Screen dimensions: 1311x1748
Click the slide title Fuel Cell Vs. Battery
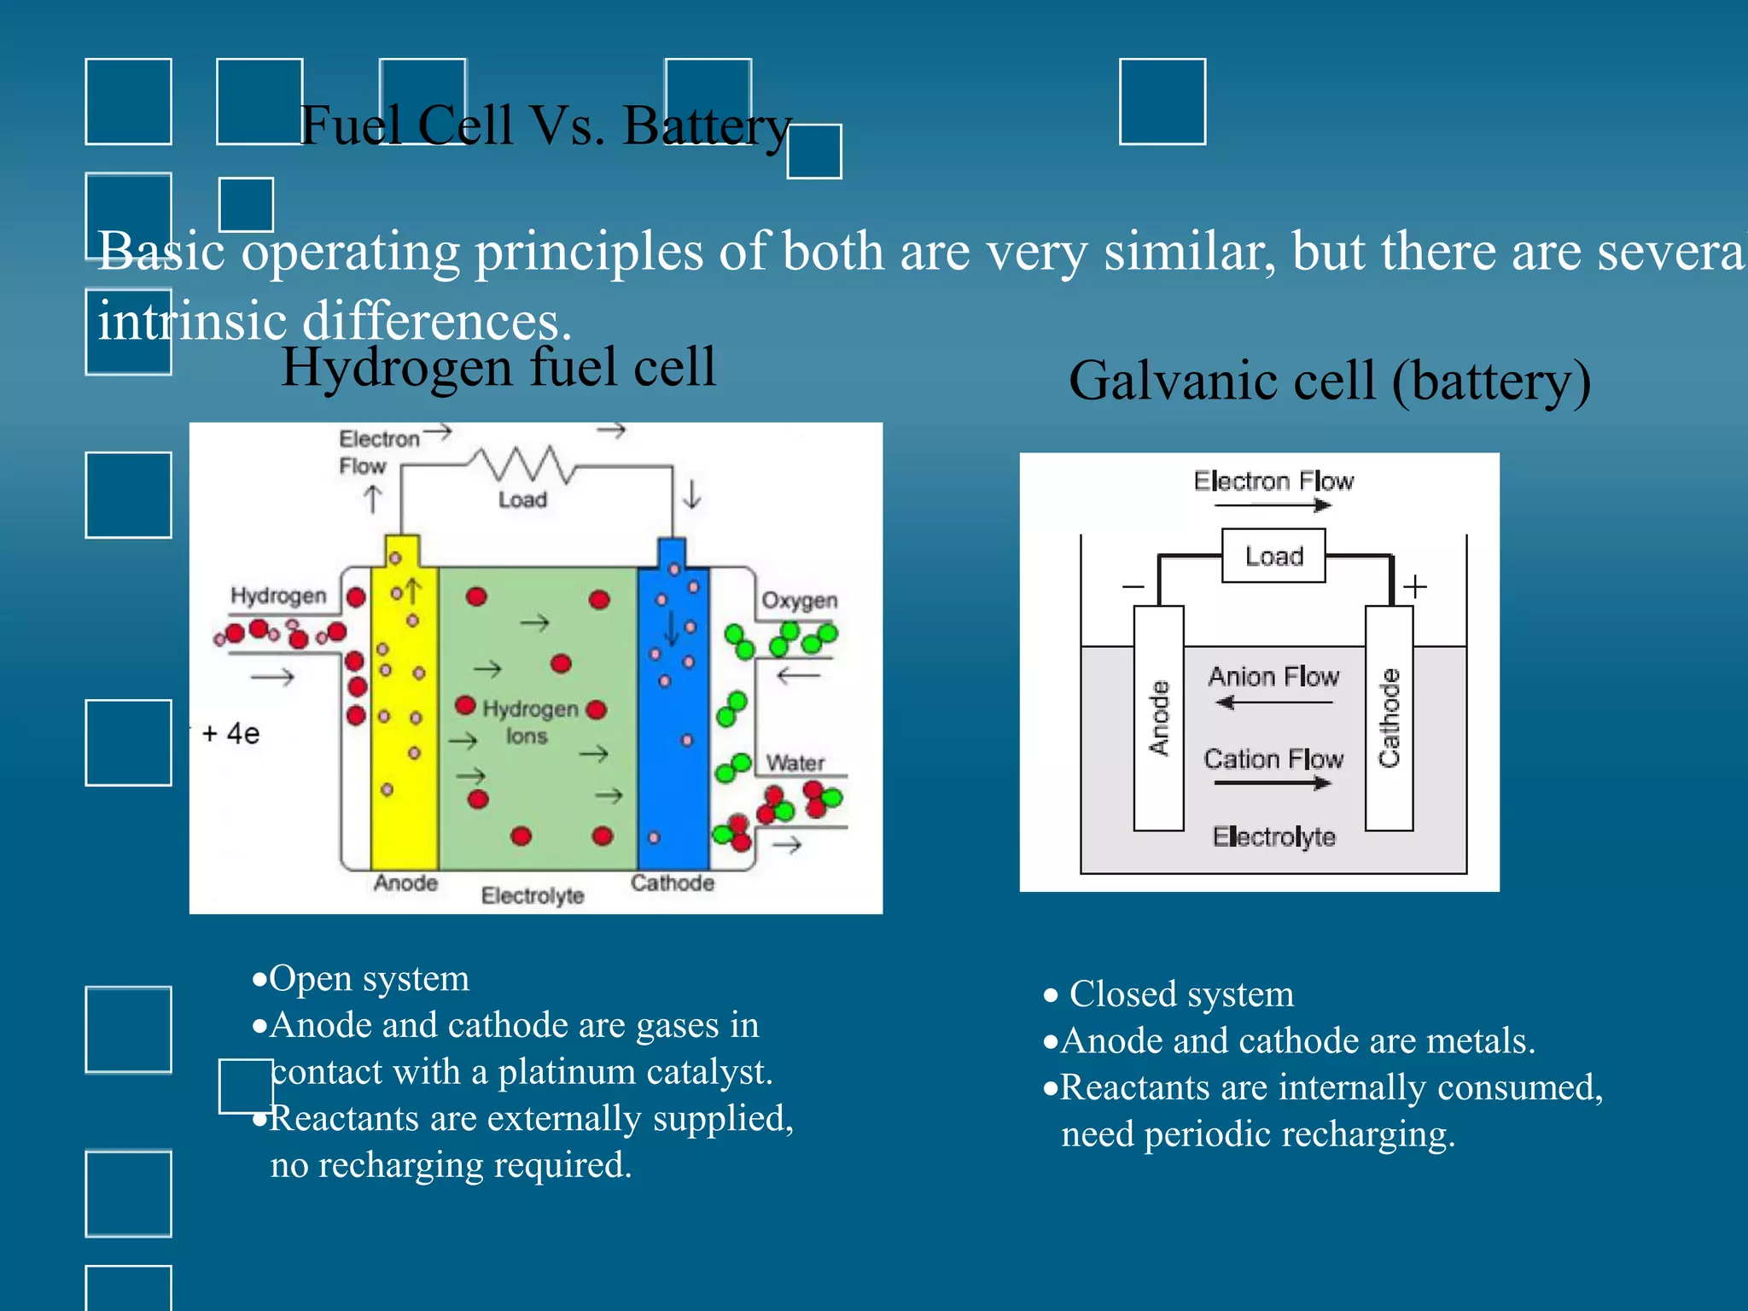click(x=546, y=126)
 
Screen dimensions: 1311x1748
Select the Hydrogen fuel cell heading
click(x=498, y=367)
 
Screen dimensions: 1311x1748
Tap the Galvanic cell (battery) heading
click(x=1329, y=381)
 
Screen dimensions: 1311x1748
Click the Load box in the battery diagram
click(x=1273, y=556)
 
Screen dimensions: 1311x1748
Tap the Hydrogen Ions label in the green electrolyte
click(x=529, y=722)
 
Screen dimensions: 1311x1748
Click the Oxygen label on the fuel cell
click(x=799, y=600)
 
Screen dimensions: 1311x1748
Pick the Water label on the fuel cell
click(x=795, y=762)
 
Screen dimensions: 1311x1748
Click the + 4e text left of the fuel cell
click(x=230, y=733)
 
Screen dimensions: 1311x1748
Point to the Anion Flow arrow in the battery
click(x=1273, y=702)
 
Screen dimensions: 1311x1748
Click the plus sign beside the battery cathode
click(x=1415, y=586)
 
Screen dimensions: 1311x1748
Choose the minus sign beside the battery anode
click(x=1133, y=586)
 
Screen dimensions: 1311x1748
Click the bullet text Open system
click(x=369, y=978)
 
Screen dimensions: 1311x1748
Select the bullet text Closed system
click(x=1181, y=994)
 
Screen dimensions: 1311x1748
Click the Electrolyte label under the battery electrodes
click(x=1273, y=836)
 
